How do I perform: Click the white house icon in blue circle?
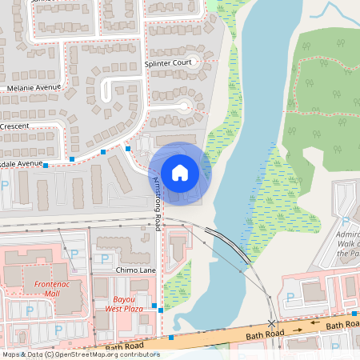tap(180, 172)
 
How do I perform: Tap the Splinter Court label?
tap(169, 62)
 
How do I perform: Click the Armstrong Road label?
tap(157, 200)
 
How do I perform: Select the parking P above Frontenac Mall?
tap(74, 254)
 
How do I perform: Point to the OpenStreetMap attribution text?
tap(80, 354)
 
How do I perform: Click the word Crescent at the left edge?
tap(14, 126)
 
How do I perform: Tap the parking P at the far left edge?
tap(6, 185)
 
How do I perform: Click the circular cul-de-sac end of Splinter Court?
tap(186, 106)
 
